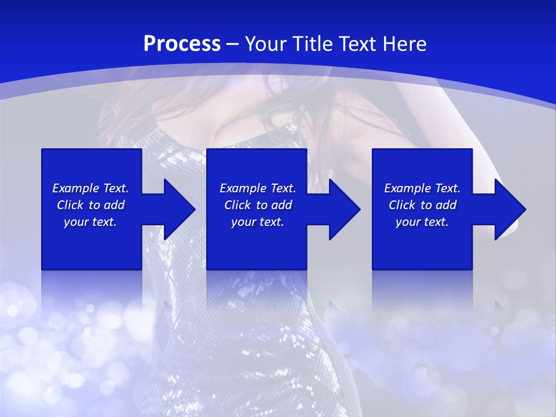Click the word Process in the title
coord(182,44)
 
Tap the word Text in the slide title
coord(357,44)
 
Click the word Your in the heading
coord(266,44)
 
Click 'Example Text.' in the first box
coord(90,188)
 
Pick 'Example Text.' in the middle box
coord(258,188)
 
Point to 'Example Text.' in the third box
coord(422,188)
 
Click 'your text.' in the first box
coord(90,222)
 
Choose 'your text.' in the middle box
coord(258,222)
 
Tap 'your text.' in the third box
coord(422,222)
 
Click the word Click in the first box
coord(71,205)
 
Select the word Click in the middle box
coord(238,205)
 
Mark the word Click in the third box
coord(403,205)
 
